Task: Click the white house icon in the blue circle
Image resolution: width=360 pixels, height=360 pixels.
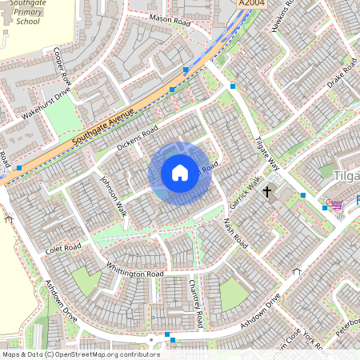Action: (x=180, y=173)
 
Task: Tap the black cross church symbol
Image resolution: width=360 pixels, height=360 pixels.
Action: (x=266, y=192)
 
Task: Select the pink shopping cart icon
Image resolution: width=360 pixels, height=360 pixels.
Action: (x=338, y=205)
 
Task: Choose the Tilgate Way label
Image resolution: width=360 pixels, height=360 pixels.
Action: (x=266, y=152)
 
